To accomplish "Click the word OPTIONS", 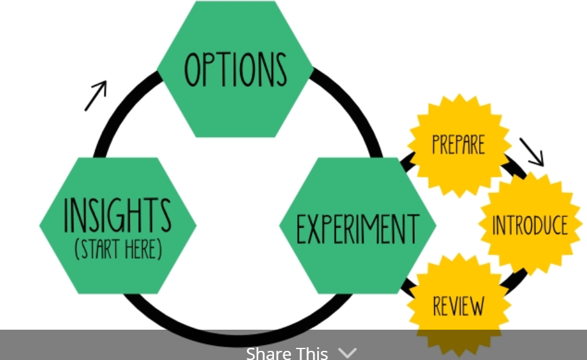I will click(x=235, y=69).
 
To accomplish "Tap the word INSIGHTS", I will click(x=118, y=215).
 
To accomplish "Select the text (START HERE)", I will click(x=118, y=249).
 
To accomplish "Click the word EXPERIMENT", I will click(x=357, y=229).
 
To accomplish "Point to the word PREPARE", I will click(x=458, y=144).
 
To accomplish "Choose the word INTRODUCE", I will click(x=529, y=225).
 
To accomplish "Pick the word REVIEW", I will click(x=458, y=306).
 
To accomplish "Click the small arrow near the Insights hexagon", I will click(x=96, y=96).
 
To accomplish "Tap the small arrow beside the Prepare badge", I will click(x=531, y=152).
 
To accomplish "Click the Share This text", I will click(x=287, y=353).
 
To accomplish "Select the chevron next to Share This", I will click(x=347, y=352).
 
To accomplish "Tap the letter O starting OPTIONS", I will click(x=192, y=69).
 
